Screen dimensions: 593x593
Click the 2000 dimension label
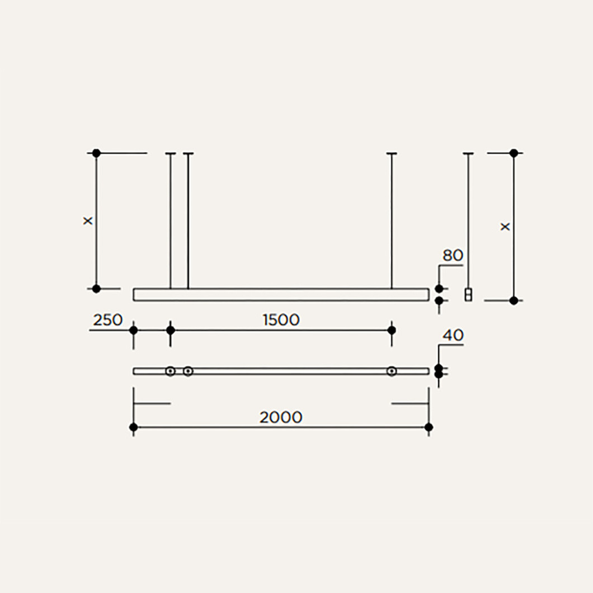coord(281,417)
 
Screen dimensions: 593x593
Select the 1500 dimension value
coord(281,320)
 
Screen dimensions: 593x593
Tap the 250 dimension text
coord(108,320)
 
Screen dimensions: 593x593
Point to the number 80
coord(453,256)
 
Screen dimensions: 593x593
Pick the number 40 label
coord(453,335)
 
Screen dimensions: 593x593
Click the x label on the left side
coord(88,220)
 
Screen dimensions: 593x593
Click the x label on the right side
coord(505,227)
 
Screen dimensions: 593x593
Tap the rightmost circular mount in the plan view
coord(392,371)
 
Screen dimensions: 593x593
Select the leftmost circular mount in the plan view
coord(171,371)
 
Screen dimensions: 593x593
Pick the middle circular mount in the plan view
coord(188,371)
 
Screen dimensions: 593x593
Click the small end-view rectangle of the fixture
coord(468,295)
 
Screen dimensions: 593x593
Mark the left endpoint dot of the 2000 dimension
coord(134,427)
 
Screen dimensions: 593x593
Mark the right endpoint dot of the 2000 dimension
coord(429,427)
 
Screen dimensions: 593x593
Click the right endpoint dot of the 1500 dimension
coord(392,330)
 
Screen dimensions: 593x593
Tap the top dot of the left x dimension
coord(96,153)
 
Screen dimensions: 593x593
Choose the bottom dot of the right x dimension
coord(514,300)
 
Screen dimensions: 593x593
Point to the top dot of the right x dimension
coord(514,153)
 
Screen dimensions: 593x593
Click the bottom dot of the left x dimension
coord(96,289)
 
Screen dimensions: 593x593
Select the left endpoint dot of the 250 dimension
coord(134,330)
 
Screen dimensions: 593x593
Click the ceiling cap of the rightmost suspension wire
coord(468,153)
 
